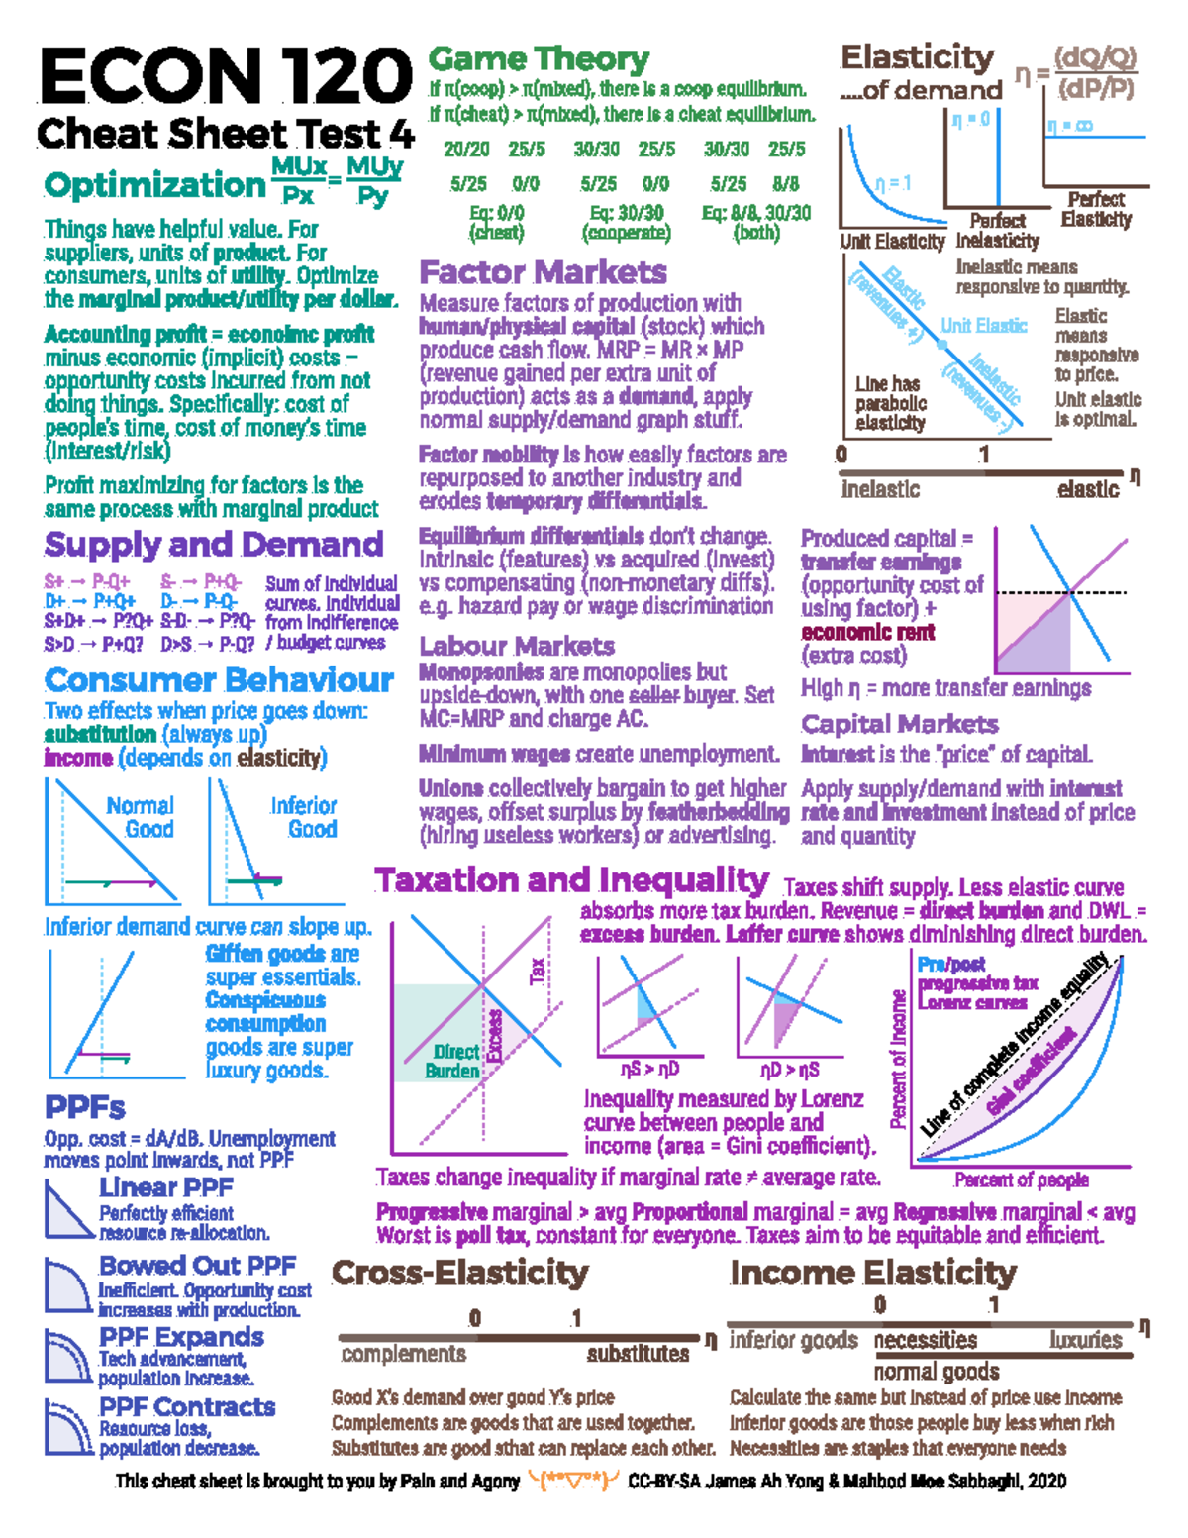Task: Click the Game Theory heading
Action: point(539,59)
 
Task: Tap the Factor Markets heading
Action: point(543,272)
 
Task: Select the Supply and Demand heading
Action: point(213,545)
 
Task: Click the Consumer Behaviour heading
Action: point(219,680)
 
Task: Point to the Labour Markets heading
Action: point(517,646)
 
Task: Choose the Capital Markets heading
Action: point(899,724)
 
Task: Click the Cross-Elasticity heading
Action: point(460,1273)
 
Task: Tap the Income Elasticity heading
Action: point(873,1273)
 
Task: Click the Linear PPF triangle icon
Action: point(67,1210)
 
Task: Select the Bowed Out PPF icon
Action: point(67,1285)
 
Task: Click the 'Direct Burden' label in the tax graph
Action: point(453,1061)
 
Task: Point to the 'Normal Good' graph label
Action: point(141,817)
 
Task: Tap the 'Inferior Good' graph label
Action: point(304,817)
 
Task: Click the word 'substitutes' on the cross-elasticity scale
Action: point(638,1354)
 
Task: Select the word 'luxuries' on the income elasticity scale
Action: point(1086,1340)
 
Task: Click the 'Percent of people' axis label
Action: point(1021,1179)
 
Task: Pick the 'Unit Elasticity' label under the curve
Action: point(892,242)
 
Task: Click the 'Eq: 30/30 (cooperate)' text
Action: point(627,223)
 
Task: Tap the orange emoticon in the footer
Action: point(574,1482)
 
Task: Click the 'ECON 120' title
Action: point(225,77)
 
